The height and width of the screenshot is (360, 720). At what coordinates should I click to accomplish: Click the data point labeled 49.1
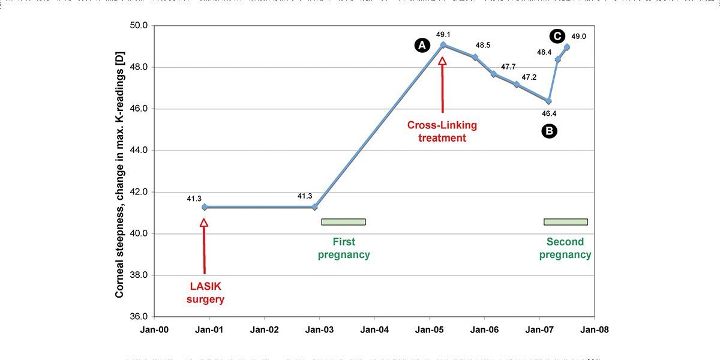[443, 44]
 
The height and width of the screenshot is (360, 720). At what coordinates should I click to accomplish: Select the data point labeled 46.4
[548, 101]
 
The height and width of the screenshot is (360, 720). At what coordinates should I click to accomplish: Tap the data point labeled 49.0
[567, 47]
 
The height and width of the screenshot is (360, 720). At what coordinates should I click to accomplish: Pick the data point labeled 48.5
[475, 57]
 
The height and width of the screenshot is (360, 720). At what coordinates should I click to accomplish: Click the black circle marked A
[422, 45]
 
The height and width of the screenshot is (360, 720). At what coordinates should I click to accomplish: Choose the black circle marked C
[557, 36]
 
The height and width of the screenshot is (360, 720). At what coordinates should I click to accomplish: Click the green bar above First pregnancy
[343, 222]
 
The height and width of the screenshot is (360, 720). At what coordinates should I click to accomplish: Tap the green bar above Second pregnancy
[565, 222]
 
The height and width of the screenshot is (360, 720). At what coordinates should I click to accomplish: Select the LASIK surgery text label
[205, 293]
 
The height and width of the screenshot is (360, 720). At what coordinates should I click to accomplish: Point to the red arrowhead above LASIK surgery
[204, 223]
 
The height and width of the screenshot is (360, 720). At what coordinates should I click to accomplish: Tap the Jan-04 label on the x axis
[374, 329]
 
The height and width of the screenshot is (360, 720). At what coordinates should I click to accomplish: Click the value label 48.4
[544, 53]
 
